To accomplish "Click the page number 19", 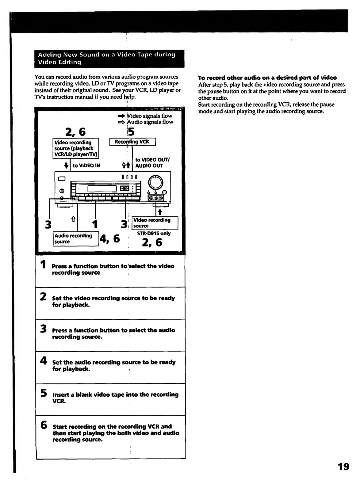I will pos(343,467).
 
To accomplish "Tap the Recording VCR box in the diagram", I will pos(132,142).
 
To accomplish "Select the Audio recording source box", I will pos(75,238).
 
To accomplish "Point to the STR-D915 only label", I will pos(154,233).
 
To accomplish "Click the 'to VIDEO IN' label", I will pos(86,166).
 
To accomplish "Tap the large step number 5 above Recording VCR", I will pos(131,132).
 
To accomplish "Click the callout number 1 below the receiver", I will pos(95,224).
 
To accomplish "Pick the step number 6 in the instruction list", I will pos(44,425).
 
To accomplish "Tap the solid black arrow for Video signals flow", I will pos(121,116).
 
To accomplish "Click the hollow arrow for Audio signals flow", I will pos(121,122).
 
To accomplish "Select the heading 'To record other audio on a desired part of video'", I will pos(267,78).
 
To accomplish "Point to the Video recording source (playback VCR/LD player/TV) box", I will pos(76,148).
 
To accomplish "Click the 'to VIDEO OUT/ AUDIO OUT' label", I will pos(152,162).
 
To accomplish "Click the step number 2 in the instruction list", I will pos(44,296).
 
